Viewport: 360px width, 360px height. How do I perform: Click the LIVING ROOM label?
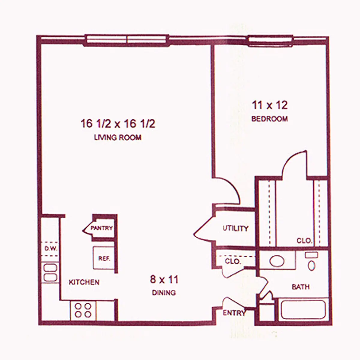[118, 138]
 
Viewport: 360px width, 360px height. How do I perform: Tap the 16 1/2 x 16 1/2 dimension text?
[118, 124]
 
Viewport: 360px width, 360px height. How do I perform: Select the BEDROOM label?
[269, 119]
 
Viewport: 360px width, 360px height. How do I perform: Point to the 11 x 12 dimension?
[269, 105]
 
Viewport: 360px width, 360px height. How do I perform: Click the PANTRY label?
[101, 228]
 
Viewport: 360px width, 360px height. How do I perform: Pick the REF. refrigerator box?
[104, 258]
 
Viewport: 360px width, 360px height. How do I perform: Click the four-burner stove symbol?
[83, 310]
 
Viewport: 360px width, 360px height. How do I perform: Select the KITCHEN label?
[84, 282]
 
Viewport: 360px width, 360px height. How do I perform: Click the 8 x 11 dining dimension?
[164, 280]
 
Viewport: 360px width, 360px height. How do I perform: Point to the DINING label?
[164, 292]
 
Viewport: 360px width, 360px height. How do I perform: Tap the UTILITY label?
[235, 229]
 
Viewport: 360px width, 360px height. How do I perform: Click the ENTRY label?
[234, 313]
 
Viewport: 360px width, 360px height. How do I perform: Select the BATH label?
[300, 287]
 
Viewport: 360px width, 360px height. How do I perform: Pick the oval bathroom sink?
[277, 261]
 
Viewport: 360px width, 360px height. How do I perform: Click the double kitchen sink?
[50, 272]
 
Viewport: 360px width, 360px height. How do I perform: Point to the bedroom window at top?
[270, 40]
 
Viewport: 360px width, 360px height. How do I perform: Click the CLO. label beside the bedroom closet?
[304, 241]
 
